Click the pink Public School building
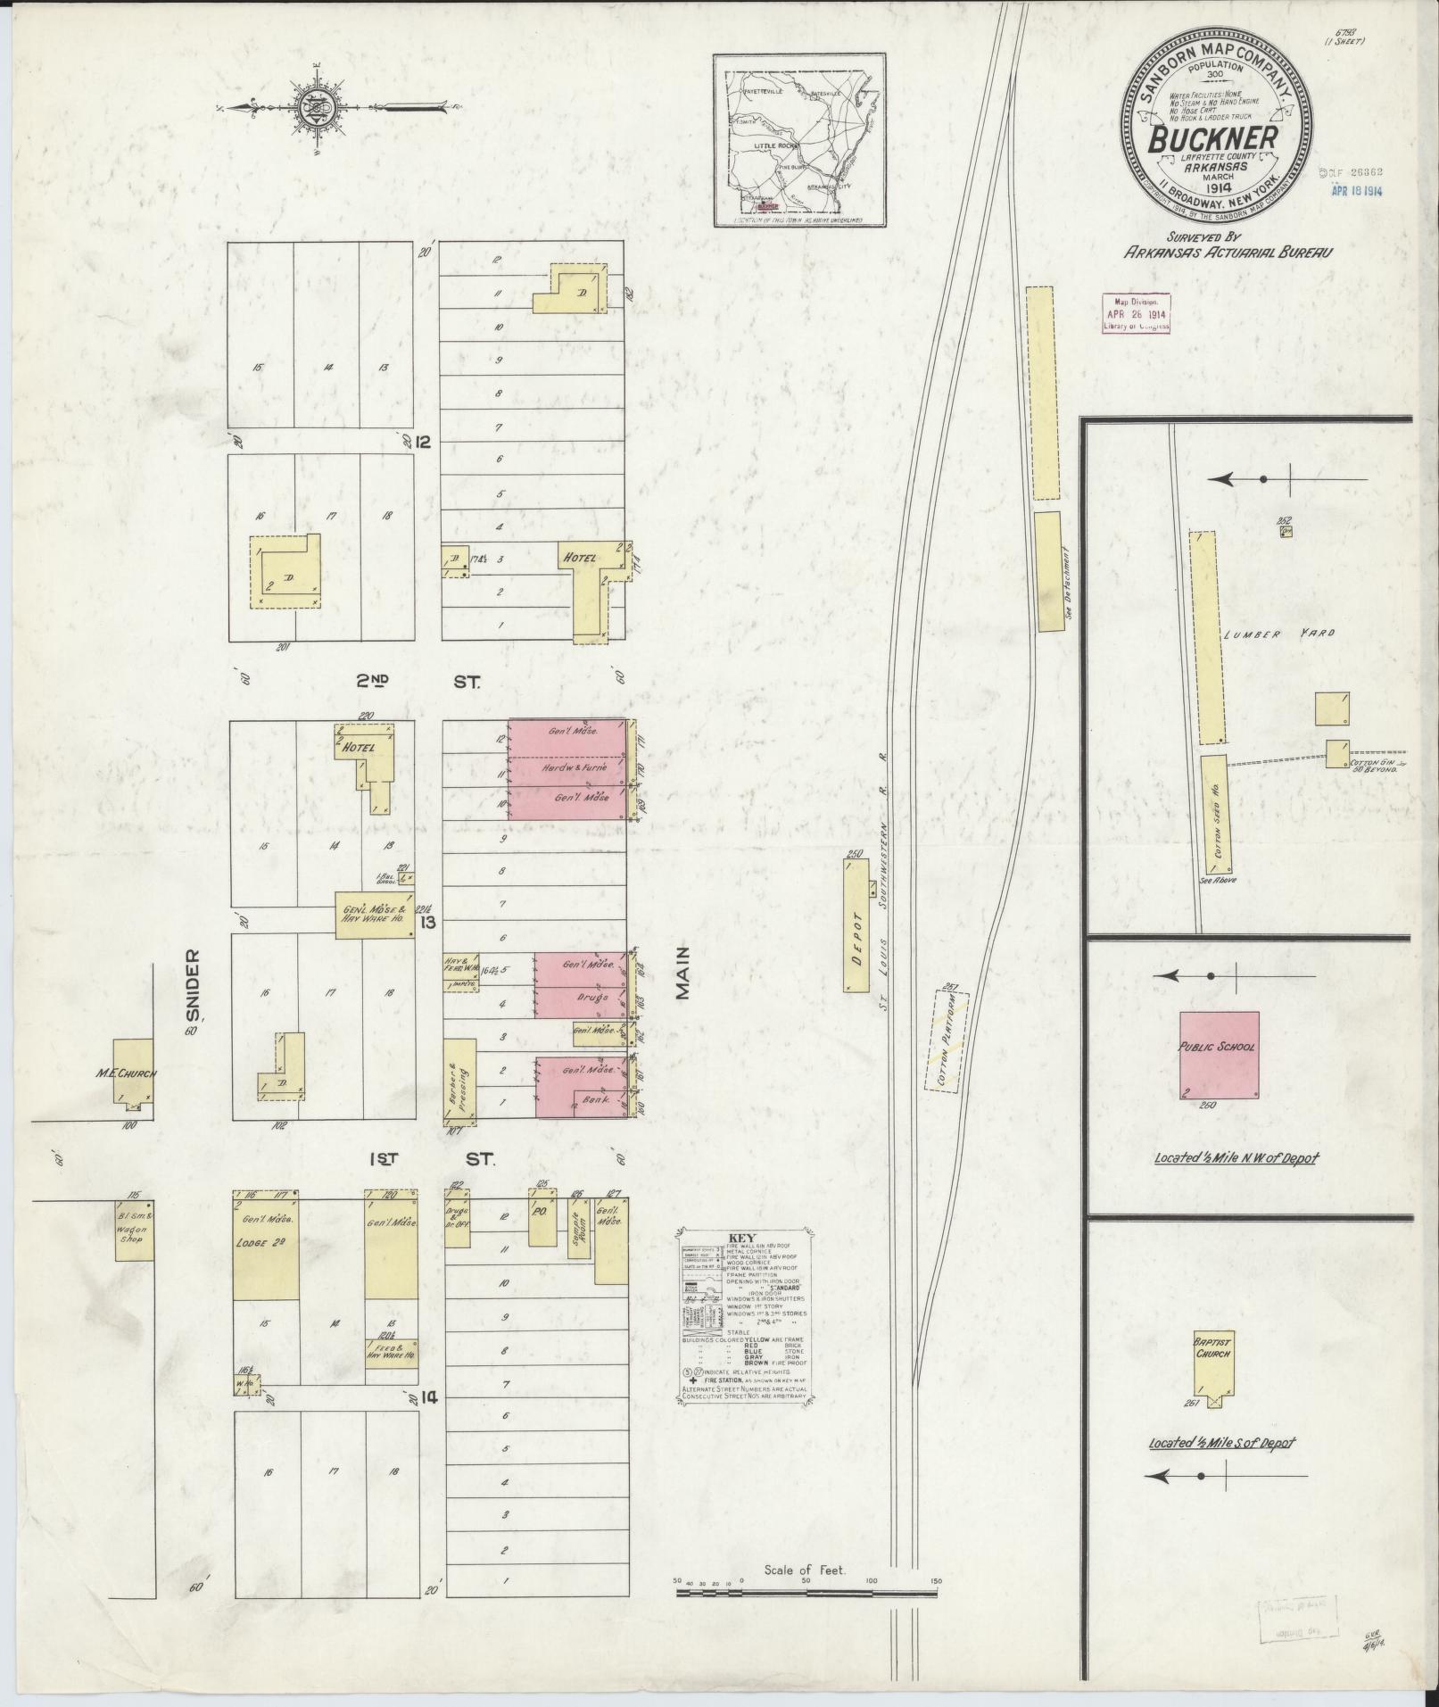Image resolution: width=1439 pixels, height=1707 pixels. [1220, 1056]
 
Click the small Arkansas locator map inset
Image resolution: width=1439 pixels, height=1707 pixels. [799, 139]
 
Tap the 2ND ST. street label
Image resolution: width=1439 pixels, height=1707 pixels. [419, 683]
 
